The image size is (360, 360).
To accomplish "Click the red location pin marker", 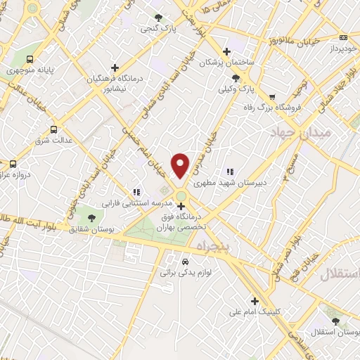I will coord(181,165).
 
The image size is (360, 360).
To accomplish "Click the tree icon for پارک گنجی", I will coord(159,17).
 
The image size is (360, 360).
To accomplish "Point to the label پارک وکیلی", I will coord(234,90).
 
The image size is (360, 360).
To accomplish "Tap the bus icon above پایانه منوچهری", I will coord(30,60).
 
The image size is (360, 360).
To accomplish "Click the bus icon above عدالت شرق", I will coord(54,129).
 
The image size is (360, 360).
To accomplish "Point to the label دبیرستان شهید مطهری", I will coord(251,181).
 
